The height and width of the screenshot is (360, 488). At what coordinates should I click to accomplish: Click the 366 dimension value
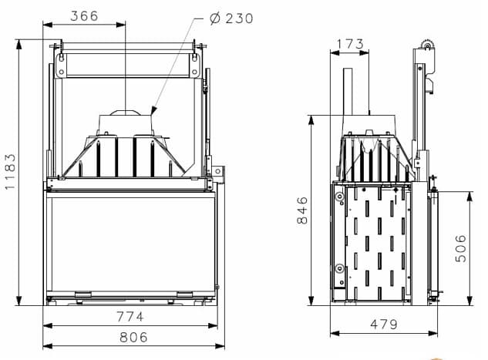(84, 16)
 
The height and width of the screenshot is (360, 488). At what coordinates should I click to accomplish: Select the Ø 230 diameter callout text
(231, 19)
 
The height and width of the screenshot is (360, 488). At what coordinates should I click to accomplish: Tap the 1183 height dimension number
(10, 171)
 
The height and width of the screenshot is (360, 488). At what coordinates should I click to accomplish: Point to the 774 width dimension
(130, 317)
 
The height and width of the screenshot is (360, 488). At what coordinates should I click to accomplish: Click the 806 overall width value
(134, 338)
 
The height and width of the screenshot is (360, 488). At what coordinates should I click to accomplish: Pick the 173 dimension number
(350, 44)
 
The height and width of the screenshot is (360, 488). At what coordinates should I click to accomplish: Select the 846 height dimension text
(302, 210)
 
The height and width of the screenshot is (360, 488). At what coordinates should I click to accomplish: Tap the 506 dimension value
(461, 248)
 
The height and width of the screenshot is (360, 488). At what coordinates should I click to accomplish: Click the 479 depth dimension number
(384, 325)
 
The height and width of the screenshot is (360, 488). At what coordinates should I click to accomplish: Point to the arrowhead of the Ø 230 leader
(153, 110)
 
